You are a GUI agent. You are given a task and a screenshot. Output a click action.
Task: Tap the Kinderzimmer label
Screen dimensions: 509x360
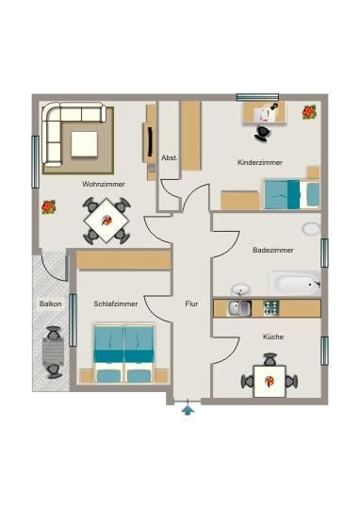[x=260, y=163]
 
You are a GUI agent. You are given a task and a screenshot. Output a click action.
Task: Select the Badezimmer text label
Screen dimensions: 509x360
[x=273, y=250]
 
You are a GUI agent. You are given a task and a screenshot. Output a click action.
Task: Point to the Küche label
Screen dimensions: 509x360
[x=273, y=336]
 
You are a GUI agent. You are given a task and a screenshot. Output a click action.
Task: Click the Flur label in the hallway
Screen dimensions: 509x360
[x=191, y=304]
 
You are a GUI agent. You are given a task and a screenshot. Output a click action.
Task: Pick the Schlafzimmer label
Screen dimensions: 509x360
[x=116, y=304]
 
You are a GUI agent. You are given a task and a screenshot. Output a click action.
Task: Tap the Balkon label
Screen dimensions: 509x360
[x=51, y=304]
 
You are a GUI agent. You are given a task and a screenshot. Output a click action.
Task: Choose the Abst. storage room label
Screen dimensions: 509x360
[x=170, y=157]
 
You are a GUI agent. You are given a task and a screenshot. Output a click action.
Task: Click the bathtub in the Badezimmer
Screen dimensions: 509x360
[x=295, y=283]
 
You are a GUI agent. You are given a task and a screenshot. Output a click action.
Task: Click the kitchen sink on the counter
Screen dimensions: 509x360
[x=237, y=307]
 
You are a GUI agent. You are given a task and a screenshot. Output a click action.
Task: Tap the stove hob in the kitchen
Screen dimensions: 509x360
[x=271, y=307]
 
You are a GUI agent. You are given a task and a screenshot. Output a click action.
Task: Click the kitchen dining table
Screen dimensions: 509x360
[x=270, y=380]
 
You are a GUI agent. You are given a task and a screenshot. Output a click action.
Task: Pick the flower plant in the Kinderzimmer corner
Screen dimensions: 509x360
[x=309, y=113]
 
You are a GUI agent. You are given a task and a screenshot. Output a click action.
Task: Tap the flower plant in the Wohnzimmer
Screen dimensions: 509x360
[x=48, y=205]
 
